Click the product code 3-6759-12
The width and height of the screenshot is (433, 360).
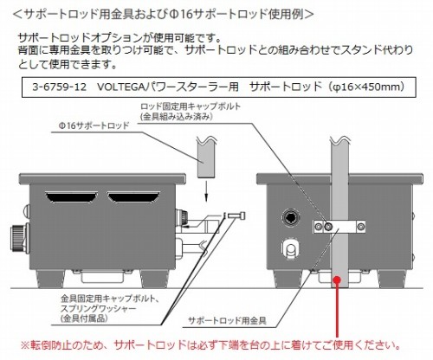[59, 87]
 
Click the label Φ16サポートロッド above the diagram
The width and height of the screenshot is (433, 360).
[94, 125]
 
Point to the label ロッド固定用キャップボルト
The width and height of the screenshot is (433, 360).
[191, 106]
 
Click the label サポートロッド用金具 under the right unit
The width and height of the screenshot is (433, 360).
[227, 320]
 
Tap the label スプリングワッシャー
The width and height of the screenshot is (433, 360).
[98, 308]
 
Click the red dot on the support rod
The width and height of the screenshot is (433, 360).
[337, 280]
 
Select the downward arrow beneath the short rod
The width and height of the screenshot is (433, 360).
[206, 191]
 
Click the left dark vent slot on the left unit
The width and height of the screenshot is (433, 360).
[72, 196]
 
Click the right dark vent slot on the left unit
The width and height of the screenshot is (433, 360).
[133, 196]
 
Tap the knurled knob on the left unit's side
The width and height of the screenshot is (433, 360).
[19, 237]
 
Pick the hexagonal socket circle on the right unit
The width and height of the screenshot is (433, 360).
[290, 218]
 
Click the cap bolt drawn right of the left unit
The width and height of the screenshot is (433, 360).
[236, 215]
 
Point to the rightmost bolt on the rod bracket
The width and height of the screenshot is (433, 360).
[361, 227]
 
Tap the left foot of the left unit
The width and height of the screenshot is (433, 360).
[48, 279]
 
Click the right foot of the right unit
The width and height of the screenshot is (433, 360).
[391, 279]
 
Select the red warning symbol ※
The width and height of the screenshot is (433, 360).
[25, 345]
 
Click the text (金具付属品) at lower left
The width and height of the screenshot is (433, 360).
[84, 318]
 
